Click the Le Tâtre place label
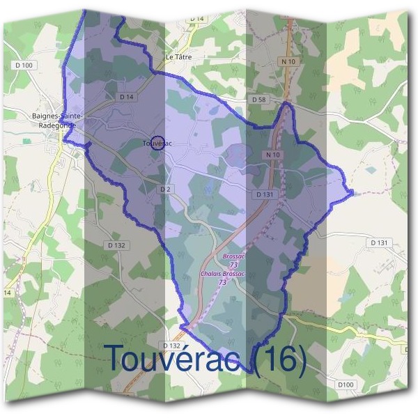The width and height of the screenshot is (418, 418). (x=178, y=56)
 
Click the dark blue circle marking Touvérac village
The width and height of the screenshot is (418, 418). (x=157, y=143)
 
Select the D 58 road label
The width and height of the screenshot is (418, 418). (x=258, y=100)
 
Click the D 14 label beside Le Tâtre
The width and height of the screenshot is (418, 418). (x=196, y=17)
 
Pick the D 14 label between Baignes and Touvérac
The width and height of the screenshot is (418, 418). (x=126, y=97)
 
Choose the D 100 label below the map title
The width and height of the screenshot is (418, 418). (x=346, y=385)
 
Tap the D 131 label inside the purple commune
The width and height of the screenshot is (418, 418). (x=263, y=195)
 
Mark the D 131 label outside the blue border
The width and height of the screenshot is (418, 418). (x=378, y=242)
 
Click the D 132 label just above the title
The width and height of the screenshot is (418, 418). (x=171, y=345)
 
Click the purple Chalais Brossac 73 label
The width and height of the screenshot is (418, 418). (x=222, y=278)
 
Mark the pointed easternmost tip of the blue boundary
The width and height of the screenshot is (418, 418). (x=353, y=192)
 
